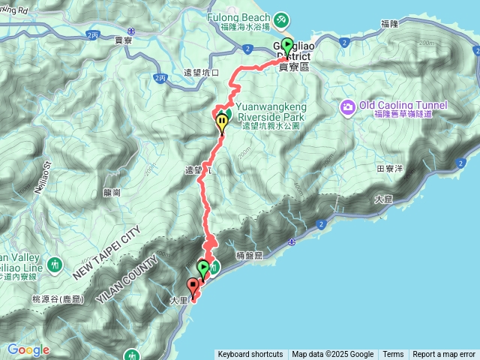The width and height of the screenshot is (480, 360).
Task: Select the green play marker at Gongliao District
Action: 287,46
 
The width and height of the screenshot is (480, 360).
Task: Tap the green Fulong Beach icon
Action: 282,16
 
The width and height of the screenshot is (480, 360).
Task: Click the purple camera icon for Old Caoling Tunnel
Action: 348,106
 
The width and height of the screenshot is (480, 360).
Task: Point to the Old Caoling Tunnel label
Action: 403,106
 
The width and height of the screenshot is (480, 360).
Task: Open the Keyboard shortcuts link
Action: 250,355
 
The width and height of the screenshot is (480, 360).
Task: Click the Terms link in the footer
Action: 393,355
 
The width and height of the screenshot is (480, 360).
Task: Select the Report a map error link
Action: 444,355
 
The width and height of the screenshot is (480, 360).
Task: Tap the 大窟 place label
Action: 382,200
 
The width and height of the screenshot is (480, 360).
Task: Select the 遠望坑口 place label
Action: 201,73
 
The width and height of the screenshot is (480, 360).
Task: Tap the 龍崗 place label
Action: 112,192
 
